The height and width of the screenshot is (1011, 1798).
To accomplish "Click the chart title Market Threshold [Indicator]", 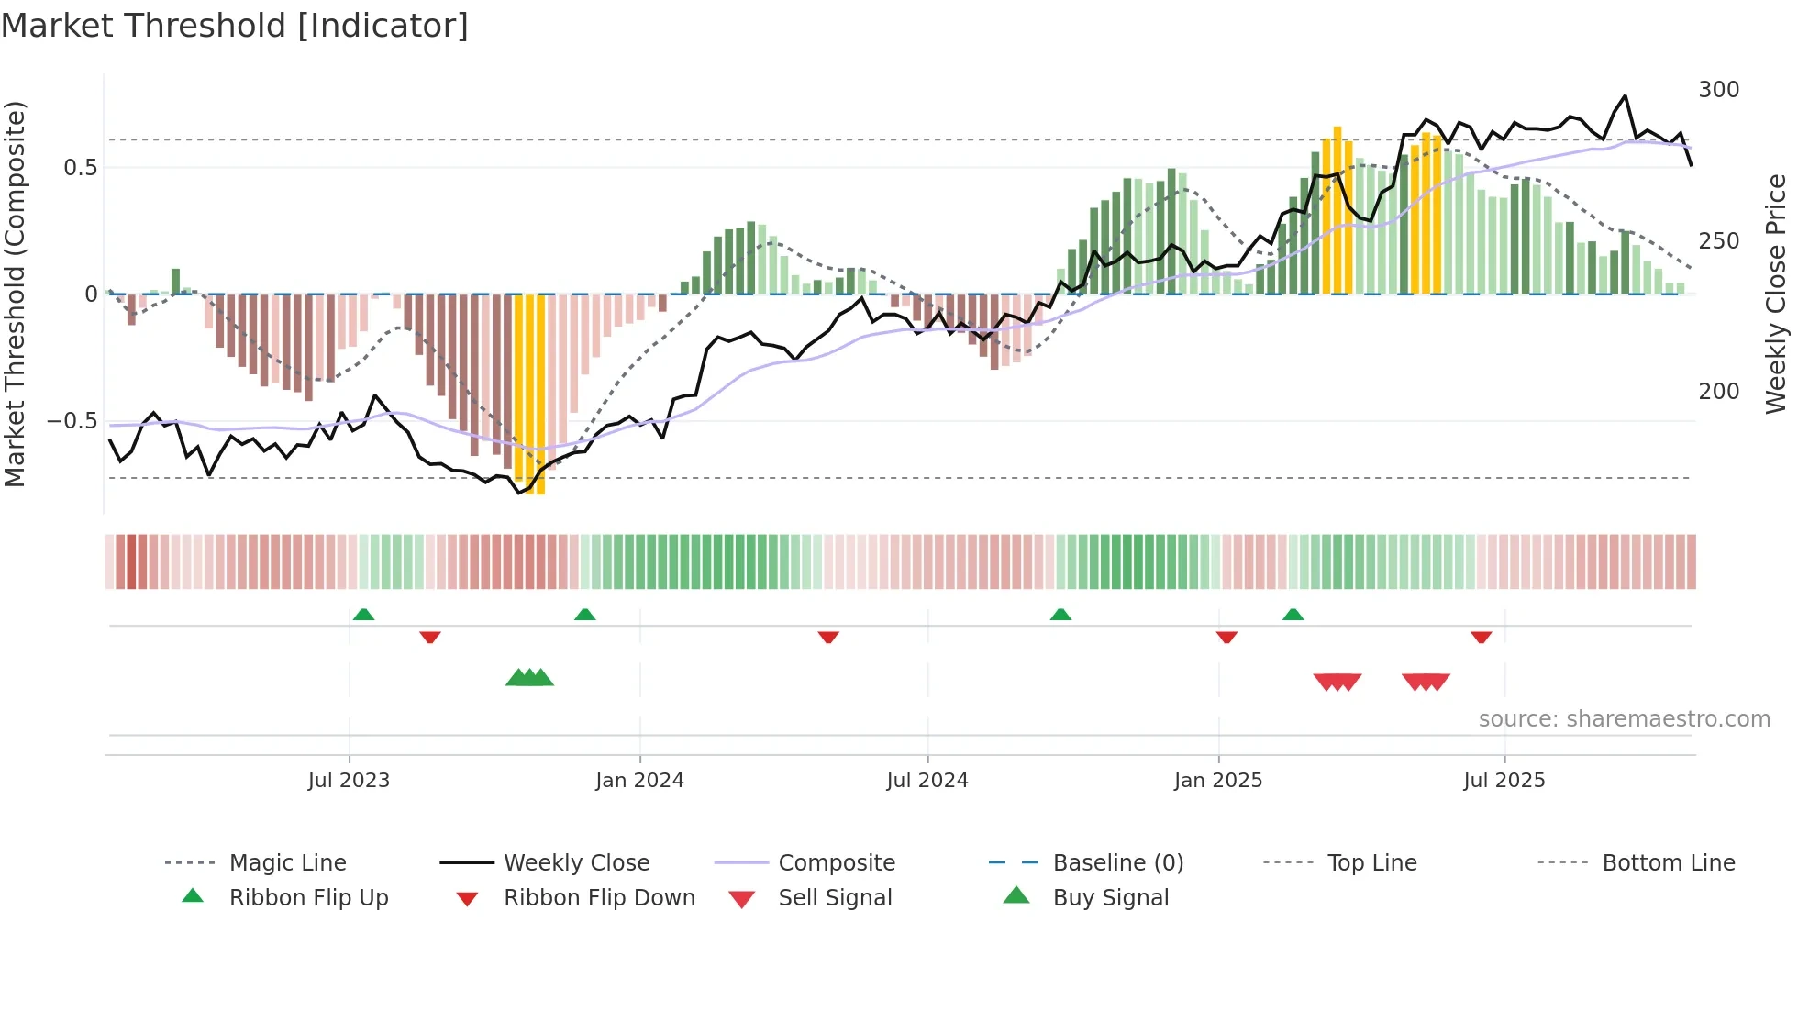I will (x=235, y=26).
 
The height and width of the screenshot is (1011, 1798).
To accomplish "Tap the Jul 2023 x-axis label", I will (x=349, y=781).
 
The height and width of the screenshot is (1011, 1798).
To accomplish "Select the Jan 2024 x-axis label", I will (x=639, y=781).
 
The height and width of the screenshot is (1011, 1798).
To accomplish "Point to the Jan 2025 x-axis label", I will (x=1218, y=781).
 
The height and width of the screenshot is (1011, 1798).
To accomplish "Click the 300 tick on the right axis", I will (x=1718, y=90).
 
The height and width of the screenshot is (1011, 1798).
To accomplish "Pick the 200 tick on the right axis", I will (x=1718, y=392).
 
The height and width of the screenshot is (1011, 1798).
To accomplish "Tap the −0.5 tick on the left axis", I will (x=72, y=421).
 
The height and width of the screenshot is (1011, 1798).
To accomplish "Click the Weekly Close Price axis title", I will (x=1776, y=294).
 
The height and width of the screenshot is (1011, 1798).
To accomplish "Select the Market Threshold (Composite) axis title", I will (x=15, y=294).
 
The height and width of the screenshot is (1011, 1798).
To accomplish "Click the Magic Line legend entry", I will (x=287, y=863).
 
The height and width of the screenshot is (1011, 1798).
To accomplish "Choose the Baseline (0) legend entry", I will (x=1117, y=863).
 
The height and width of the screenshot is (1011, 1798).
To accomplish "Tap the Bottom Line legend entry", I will (x=1668, y=863).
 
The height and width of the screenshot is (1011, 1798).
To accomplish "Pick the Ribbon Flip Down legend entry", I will (x=598, y=898).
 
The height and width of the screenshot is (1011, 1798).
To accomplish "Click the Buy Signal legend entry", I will (x=1110, y=898).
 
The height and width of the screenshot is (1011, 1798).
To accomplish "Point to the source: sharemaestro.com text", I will (x=1624, y=719).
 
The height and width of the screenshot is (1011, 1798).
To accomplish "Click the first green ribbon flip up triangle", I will (x=363, y=614).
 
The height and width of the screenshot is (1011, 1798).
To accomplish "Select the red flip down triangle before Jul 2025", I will (x=1481, y=637).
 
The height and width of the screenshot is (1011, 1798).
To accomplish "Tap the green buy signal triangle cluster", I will (x=529, y=678).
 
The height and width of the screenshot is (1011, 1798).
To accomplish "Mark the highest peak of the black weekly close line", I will (x=1625, y=96).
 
